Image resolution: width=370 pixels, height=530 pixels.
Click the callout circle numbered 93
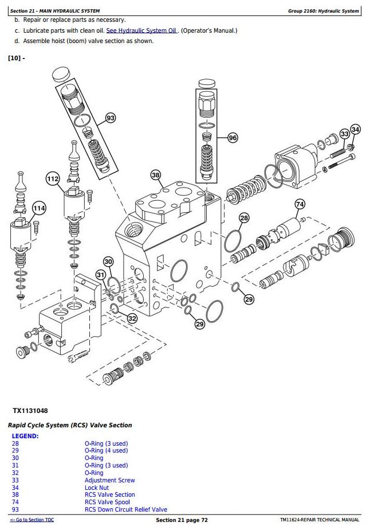tap(111, 118)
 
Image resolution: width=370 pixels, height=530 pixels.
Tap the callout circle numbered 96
tap(232, 138)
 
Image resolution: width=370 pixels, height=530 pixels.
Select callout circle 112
tap(53, 179)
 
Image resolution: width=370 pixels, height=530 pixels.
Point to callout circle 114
tap(38, 208)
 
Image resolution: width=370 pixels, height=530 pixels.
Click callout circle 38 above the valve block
tap(156, 175)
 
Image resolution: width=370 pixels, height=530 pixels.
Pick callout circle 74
tap(300, 204)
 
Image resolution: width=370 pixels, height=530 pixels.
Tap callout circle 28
tap(244, 218)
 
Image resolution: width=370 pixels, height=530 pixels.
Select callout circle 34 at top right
tap(355, 130)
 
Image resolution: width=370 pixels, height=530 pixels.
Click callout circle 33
tap(344, 134)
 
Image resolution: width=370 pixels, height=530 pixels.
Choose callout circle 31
tap(101, 275)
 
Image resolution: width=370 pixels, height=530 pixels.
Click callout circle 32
tap(132, 318)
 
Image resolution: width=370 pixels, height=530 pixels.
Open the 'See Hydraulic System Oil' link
tap(141, 30)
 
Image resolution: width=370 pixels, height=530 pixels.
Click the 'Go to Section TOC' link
tap(32, 520)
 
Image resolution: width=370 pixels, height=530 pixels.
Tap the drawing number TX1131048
tap(30, 411)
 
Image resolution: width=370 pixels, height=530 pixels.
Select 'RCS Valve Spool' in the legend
tap(107, 502)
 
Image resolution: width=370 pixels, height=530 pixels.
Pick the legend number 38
tap(15, 494)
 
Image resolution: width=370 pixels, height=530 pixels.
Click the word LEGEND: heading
tap(25, 436)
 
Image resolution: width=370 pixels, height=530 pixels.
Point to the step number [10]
tap(15, 58)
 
